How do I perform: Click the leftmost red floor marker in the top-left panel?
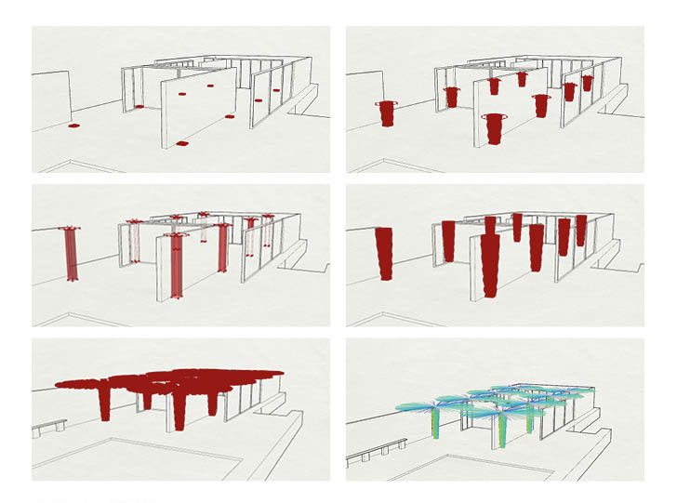[x=73, y=125]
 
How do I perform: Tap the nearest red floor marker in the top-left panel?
[x=182, y=144]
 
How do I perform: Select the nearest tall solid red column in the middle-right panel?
[x=491, y=265]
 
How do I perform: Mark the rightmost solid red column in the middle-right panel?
[x=581, y=231]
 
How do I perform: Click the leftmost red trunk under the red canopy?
[x=104, y=402]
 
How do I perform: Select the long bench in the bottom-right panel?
[x=376, y=452]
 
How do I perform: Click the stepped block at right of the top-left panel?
[x=304, y=99]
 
